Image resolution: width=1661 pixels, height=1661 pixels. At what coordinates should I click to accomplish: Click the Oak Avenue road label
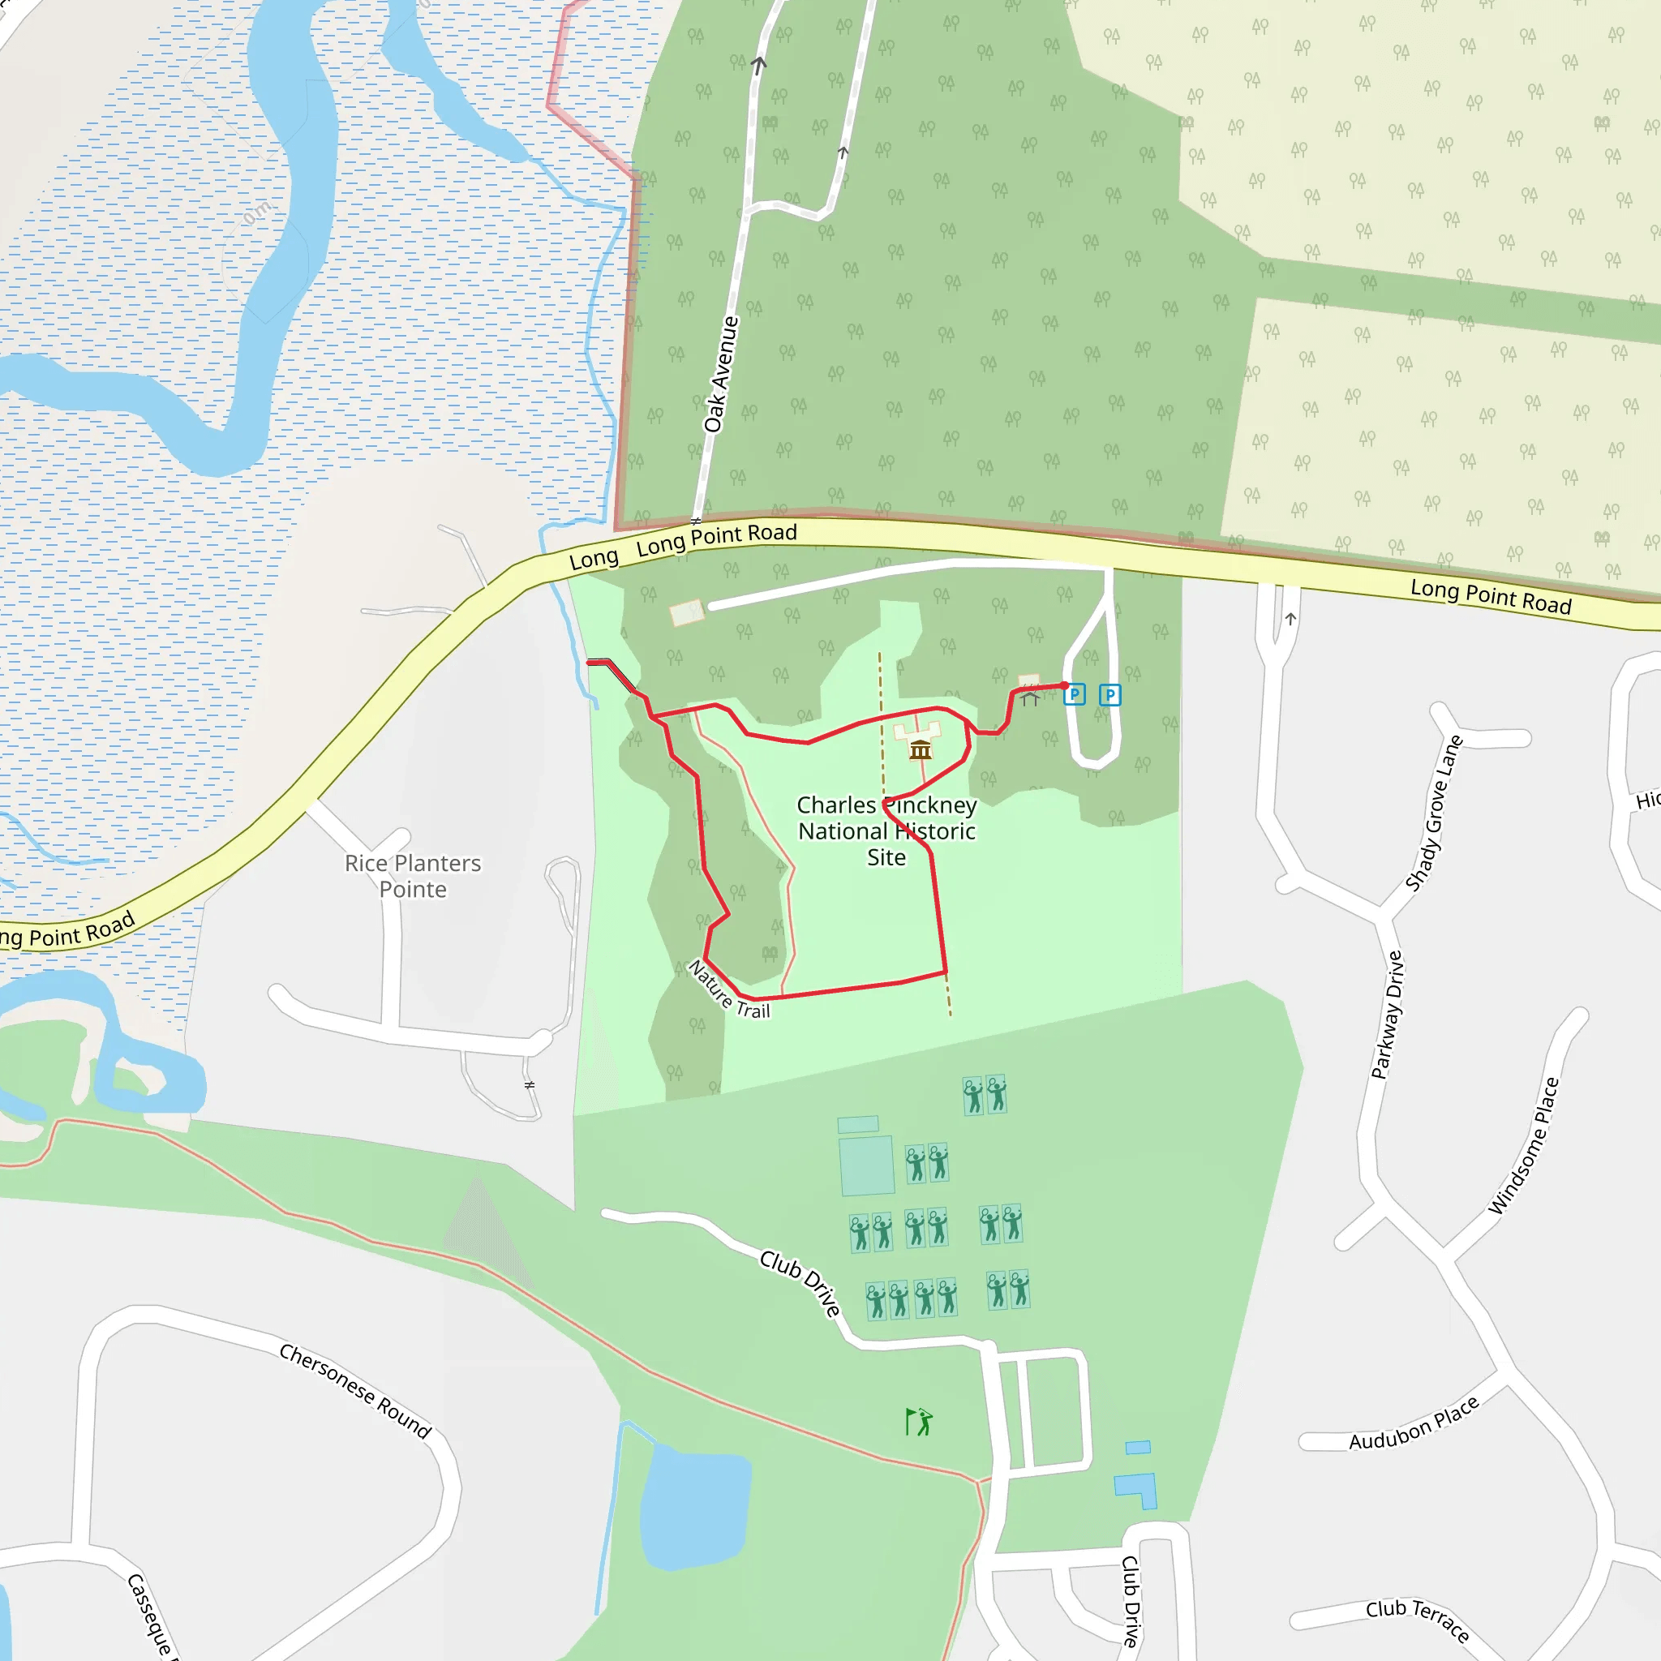point(720,374)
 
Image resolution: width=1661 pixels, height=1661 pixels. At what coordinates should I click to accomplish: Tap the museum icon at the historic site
point(920,749)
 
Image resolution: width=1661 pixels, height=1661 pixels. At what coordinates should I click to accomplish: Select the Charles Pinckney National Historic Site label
point(886,830)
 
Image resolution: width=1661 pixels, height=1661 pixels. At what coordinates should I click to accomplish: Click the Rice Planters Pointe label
point(413,875)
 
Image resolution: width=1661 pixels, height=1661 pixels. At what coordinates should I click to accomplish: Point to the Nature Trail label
point(729,989)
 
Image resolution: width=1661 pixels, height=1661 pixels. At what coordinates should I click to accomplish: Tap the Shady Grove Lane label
point(1433,813)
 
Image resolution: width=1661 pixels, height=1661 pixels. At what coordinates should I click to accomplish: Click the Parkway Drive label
point(1386,1015)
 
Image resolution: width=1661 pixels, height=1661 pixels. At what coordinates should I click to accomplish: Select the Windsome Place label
point(1523,1146)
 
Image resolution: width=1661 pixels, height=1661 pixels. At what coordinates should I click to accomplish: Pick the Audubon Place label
point(1414,1423)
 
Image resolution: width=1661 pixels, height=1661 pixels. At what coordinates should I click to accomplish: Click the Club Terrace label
point(1417,1619)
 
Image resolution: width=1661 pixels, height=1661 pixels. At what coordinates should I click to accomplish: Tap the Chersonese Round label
point(355,1391)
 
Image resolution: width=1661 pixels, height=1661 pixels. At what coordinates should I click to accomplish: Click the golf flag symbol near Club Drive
point(918,1422)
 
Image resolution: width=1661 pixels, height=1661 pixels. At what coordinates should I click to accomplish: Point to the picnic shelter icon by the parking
point(1030,697)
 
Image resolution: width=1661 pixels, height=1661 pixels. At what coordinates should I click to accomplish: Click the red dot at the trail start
point(1064,685)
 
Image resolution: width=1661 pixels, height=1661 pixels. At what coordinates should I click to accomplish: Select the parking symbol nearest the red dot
point(1075,695)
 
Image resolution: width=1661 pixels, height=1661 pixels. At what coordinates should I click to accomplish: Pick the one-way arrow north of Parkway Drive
point(1290,619)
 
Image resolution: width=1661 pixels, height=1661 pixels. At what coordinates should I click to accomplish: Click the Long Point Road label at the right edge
point(1491,597)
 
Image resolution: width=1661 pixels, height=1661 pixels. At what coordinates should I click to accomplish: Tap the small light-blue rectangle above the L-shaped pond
point(1137,1448)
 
